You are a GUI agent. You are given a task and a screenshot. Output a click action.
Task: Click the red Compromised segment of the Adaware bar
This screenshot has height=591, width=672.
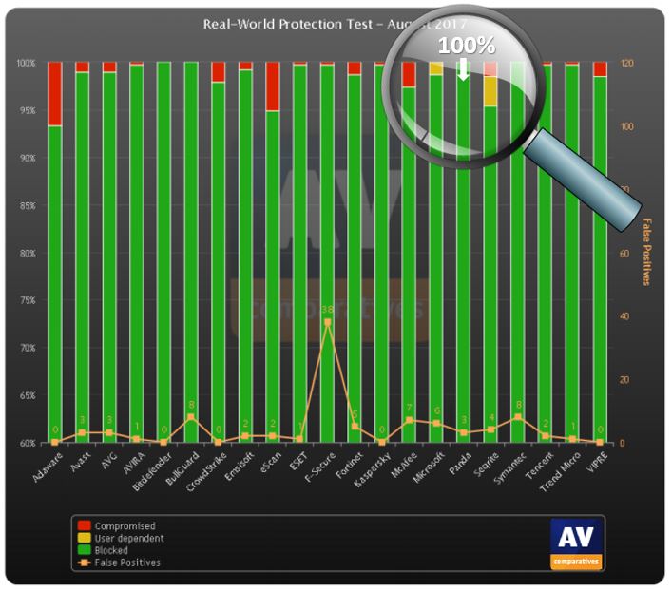pyautogui.click(x=55, y=93)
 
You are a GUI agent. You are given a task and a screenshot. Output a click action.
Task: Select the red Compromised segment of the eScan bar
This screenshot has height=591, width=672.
pyautogui.click(x=273, y=86)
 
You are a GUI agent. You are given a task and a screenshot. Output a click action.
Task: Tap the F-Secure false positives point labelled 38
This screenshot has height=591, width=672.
pyautogui.click(x=327, y=322)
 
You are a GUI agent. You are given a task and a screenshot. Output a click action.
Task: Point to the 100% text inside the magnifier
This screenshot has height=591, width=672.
pyautogui.click(x=466, y=46)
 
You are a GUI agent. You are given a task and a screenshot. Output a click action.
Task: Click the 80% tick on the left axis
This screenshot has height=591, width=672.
pyautogui.click(x=26, y=254)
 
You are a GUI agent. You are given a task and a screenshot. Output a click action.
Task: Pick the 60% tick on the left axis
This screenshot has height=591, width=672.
pyautogui.click(x=26, y=443)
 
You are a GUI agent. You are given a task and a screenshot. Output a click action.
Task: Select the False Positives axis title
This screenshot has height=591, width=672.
pyautogui.click(x=646, y=251)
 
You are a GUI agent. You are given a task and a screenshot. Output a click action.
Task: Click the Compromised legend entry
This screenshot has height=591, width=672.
pyautogui.click(x=125, y=525)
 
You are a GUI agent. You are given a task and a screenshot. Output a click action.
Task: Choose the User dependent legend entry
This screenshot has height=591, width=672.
pyautogui.click(x=129, y=538)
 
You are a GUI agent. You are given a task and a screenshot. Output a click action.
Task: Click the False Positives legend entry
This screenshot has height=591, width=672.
pyautogui.click(x=127, y=562)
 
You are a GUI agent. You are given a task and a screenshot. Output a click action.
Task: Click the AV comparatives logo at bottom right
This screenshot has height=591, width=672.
pyautogui.click(x=576, y=543)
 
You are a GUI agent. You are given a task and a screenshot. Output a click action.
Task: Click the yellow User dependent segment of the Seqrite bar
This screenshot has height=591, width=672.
pyautogui.click(x=490, y=91)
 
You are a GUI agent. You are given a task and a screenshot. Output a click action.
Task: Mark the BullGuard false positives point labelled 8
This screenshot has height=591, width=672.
pyautogui.click(x=191, y=417)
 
